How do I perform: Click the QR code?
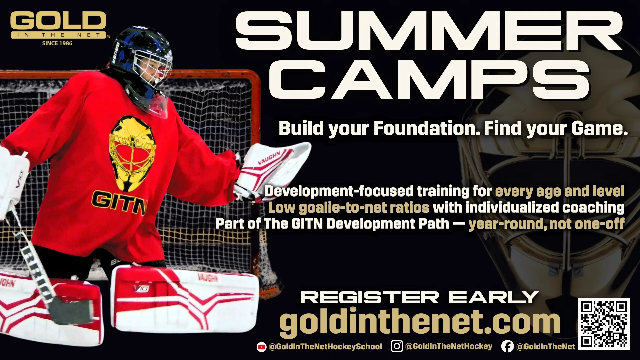(604, 324)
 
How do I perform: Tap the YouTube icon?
(261, 347)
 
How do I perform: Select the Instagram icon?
(397, 346)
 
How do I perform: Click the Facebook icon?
(507, 347)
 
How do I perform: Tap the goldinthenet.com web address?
(420, 322)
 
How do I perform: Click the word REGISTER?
(370, 297)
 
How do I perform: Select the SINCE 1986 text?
(57, 43)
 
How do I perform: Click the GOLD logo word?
(59, 21)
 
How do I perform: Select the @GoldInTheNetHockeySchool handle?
(325, 347)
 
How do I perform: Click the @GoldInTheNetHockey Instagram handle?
(449, 346)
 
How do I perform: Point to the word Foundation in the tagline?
(427, 129)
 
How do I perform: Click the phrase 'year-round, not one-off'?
(546, 224)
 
